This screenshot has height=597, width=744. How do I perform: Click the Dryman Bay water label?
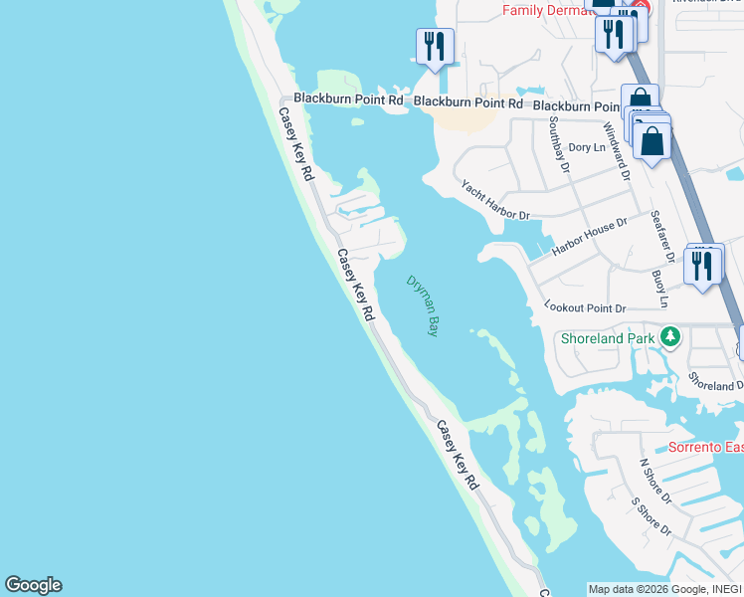423,305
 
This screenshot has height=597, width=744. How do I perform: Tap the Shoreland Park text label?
608,338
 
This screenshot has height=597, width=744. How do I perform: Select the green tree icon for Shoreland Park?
671,337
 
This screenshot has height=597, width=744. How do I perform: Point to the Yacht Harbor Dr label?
494,200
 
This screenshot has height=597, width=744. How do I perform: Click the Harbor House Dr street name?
591,235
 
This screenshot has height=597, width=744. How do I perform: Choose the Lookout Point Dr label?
585,308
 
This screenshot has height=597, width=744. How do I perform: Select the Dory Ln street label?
586,147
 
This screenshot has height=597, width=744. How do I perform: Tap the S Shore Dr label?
651,515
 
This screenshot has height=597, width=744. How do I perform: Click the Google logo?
33,585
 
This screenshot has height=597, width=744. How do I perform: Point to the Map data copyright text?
664,589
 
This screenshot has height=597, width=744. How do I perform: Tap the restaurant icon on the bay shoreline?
435,47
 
